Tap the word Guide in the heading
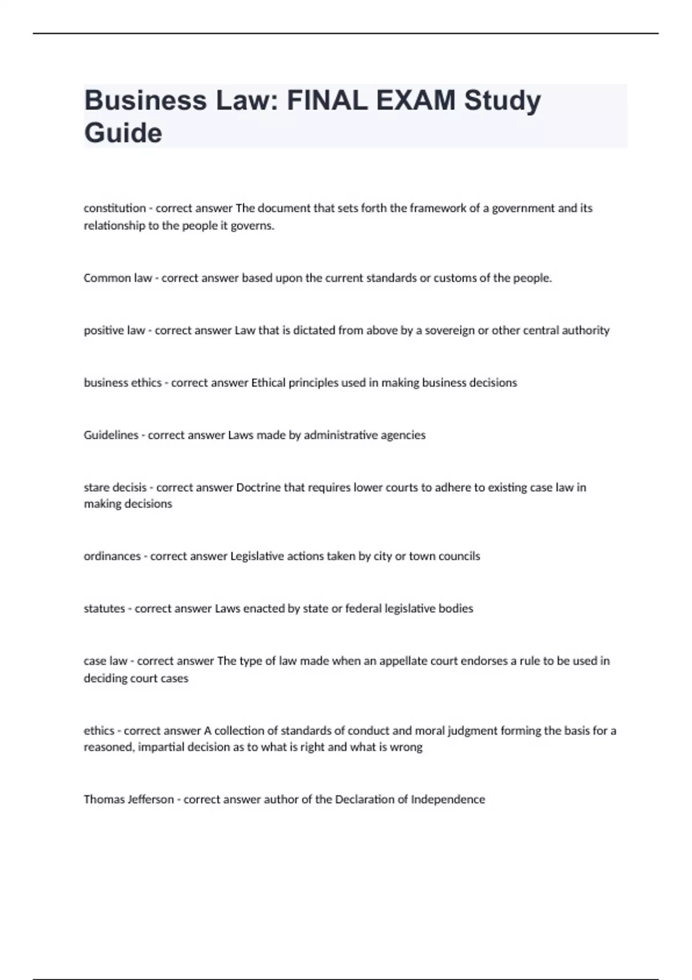pyautogui.click(x=123, y=133)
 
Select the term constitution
pyautogui.click(x=115, y=208)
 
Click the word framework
pyautogui.click(x=438, y=208)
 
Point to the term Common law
pyautogui.click(x=118, y=278)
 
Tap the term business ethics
pyautogui.click(x=122, y=383)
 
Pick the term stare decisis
pyautogui.click(x=115, y=488)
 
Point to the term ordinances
pyautogui.click(x=112, y=556)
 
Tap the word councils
pyautogui.click(x=459, y=556)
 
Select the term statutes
pyautogui.click(x=104, y=609)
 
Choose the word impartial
pyautogui.click(x=163, y=747)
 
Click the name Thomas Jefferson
pyautogui.click(x=129, y=800)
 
